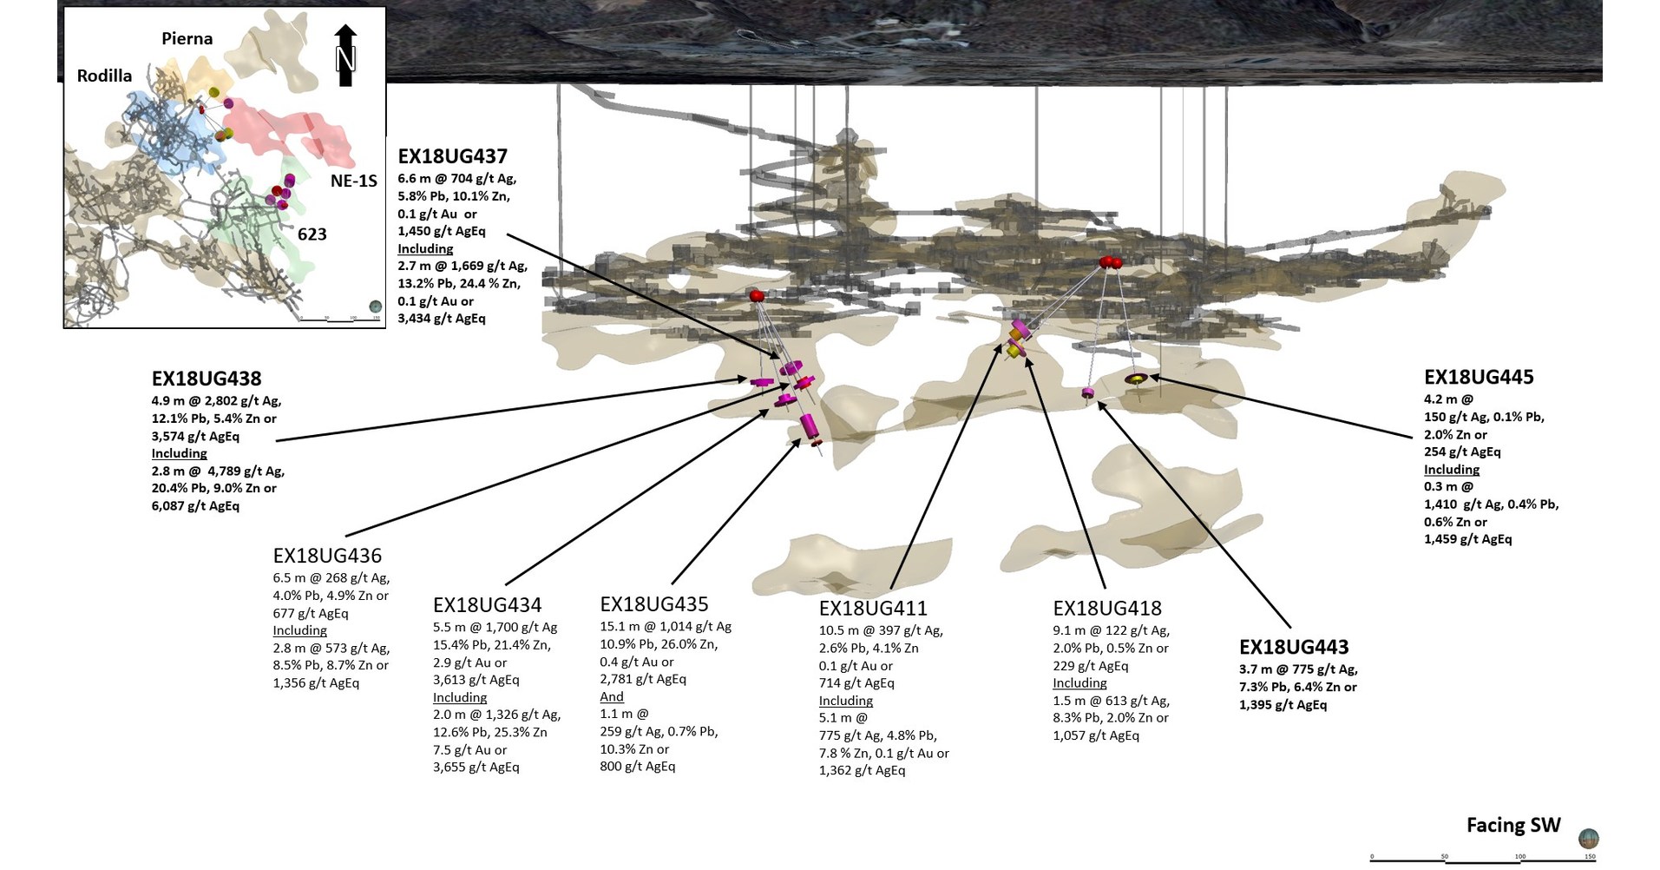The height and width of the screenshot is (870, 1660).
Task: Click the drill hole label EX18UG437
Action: (452, 156)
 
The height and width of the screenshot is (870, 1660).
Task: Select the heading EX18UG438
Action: (207, 379)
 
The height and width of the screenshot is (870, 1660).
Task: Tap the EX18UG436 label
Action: (327, 556)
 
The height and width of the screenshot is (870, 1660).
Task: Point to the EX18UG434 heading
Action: (487, 605)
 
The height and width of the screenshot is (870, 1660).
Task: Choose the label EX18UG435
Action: (654, 604)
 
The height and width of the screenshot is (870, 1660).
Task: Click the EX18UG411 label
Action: (873, 609)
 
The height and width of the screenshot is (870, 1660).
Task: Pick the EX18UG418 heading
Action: (1107, 609)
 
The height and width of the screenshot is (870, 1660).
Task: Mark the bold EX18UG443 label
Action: (1294, 647)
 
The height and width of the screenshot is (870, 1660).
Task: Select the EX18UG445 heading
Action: (1479, 377)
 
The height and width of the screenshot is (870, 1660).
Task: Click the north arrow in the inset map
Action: (345, 56)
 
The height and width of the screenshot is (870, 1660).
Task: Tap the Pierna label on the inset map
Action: (187, 38)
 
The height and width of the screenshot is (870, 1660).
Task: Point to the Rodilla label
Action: (104, 76)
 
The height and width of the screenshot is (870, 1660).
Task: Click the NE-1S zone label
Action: (353, 181)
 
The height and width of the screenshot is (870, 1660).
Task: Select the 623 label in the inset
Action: (312, 234)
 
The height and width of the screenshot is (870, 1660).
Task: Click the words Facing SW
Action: (1513, 825)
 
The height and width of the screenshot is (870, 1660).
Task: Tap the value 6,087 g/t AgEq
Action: (195, 505)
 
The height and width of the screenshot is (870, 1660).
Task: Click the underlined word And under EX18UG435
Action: (611, 696)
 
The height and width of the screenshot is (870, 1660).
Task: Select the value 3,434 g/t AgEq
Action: (442, 319)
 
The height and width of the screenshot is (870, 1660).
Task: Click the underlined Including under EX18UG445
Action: (1451, 469)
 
